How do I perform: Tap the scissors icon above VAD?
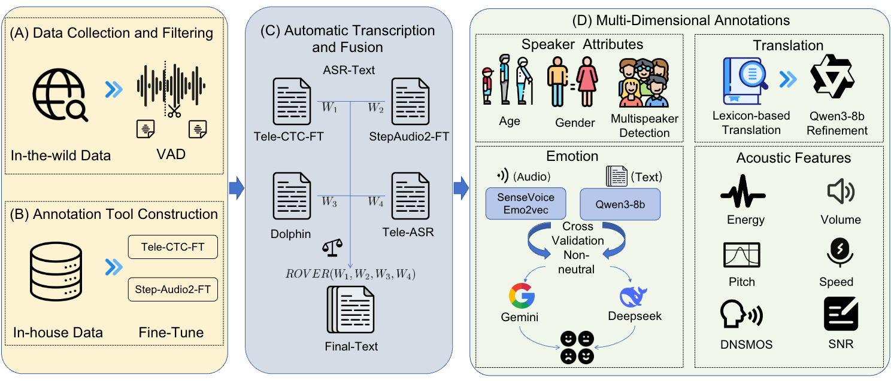[x=174, y=111]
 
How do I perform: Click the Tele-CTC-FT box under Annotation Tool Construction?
[x=172, y=247]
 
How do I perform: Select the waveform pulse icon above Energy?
[x=742, y=193]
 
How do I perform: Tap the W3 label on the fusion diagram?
[x=329, y=203]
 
